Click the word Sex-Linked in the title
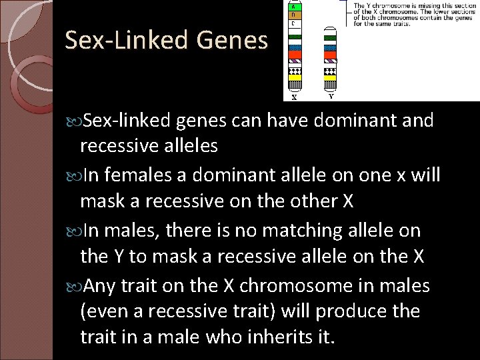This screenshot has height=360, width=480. [126, 41]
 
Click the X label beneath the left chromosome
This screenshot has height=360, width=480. [294, 97]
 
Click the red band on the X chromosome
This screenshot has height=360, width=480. [294, 55]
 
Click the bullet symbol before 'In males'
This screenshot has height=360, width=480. [73, 231]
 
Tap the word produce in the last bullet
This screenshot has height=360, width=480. [357, 312]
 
